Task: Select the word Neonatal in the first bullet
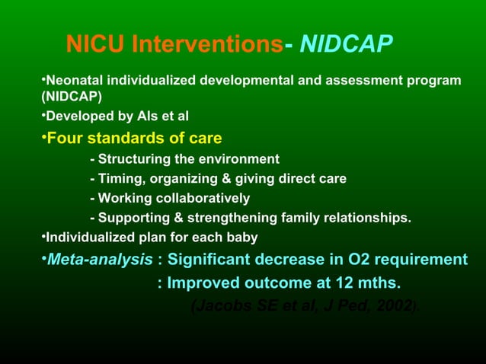pos(73,80)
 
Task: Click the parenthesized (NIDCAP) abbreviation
pos(66,97)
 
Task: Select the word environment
pos(242,159)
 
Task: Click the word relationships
pos(372,219)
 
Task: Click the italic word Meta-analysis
pos(99,260)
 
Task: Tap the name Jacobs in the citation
pos(219,307)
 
